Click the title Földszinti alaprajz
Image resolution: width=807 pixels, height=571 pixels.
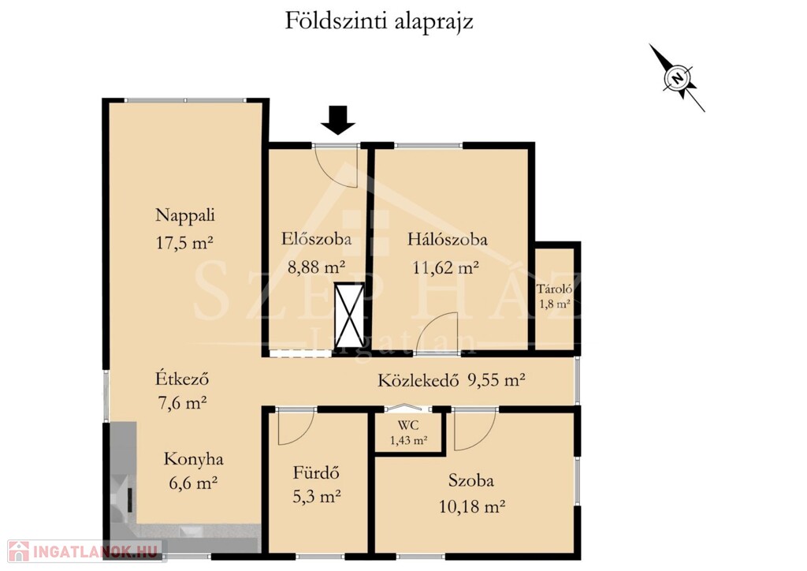(x=379, y=22)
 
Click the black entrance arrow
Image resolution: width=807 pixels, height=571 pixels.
(x=338, y=120)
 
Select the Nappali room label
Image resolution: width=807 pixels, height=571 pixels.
(x=184, y=215)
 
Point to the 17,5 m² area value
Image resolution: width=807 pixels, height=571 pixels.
(x=184, y=242)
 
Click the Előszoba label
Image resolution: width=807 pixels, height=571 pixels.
(x=317, y=239)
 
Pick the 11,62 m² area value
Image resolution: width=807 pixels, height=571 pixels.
(x=446, y=267)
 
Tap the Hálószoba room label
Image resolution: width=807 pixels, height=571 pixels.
(x=448, y=239)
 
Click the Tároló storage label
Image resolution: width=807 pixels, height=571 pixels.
(x=554, y=289)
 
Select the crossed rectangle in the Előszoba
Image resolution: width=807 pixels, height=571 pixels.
(x=349, y=315)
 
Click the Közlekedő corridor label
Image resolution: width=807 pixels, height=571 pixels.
(x=418, y=380)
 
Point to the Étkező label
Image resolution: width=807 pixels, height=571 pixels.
(x=182, y=379)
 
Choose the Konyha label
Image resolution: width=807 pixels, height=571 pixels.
(x=194, y=459)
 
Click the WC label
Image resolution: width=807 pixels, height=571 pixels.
(x=408, y=426)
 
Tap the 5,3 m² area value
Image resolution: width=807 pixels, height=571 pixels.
(x=317, y=496)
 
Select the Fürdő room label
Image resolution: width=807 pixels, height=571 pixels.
(x=317, y=472)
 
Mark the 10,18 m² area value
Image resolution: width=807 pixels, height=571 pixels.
(x=471, y=506)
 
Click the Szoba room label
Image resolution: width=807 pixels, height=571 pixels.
(x=471, y=480)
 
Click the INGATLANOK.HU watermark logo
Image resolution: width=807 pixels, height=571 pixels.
(x=84, y=551)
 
